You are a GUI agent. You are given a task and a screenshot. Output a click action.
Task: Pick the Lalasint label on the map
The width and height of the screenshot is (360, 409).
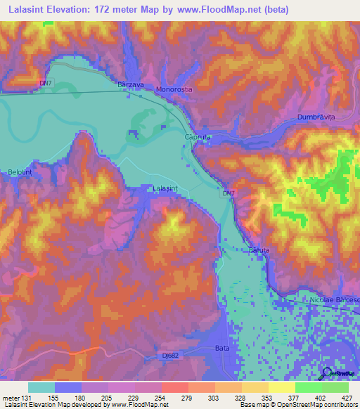pyautogui.click(x=167, y=188)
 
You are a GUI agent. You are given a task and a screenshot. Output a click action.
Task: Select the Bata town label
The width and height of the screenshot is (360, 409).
pyautogui.click(x=221, y=349)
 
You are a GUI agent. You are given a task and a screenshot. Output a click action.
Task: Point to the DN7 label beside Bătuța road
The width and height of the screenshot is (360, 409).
pyautogui.click(x=228, y=193)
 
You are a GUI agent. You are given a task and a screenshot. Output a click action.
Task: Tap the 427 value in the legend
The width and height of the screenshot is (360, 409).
pyautogui.click(x=346, y=398)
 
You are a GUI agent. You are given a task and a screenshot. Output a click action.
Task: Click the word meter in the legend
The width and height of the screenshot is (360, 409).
pyautogui.click(x=11, y=398)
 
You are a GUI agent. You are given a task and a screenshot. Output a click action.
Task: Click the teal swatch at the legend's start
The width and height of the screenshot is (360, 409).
pyautogui.click(x=41, y=387)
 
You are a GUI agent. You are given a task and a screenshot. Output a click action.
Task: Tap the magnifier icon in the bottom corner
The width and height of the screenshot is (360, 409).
pyautogui.click(x=326, y=373)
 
